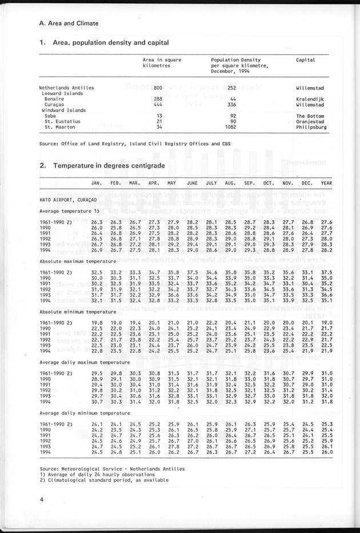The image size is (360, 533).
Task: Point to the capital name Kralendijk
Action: click(x=311, y=100)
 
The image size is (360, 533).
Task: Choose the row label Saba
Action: click(x=51, y=116)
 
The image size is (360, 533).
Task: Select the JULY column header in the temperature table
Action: click(x=211, y=183)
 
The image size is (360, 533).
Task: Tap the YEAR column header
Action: click(x=326, y=183)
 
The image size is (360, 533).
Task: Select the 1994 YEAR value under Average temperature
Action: click(x=326, y=250)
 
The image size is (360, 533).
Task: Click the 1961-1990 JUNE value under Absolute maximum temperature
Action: click(x=192, y=272)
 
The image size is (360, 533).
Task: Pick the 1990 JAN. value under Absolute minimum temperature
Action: click(x=97, y=328)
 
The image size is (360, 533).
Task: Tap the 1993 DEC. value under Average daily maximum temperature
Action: click(x=307, y=396)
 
